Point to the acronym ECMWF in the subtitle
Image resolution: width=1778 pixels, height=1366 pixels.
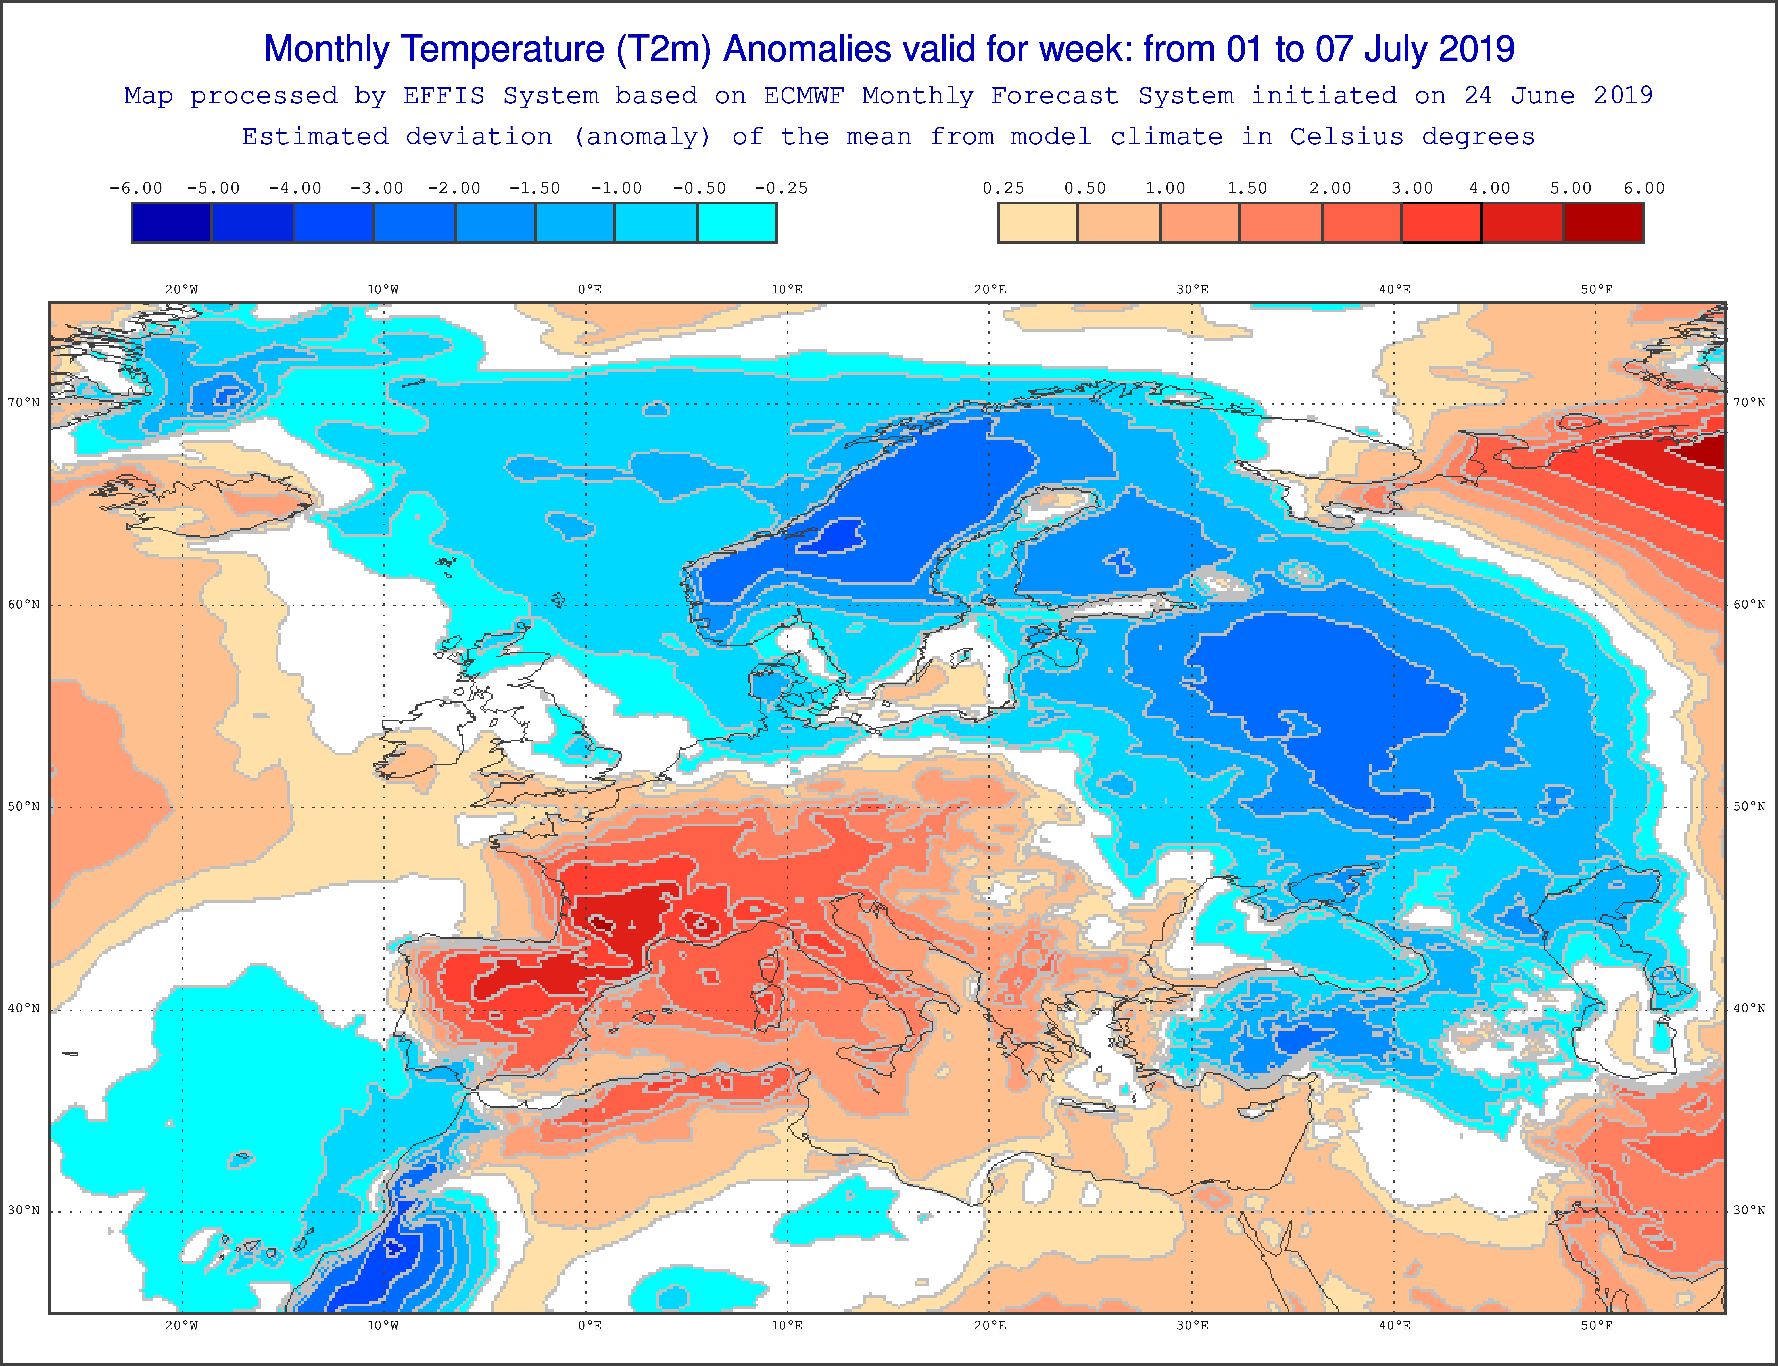(x=803, y=96)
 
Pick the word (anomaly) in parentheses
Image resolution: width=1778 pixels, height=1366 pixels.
(x=642, y=137)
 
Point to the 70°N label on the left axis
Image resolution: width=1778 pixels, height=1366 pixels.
(x=24, y=402)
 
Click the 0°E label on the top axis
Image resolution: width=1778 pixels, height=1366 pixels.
(x=590, y=289)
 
